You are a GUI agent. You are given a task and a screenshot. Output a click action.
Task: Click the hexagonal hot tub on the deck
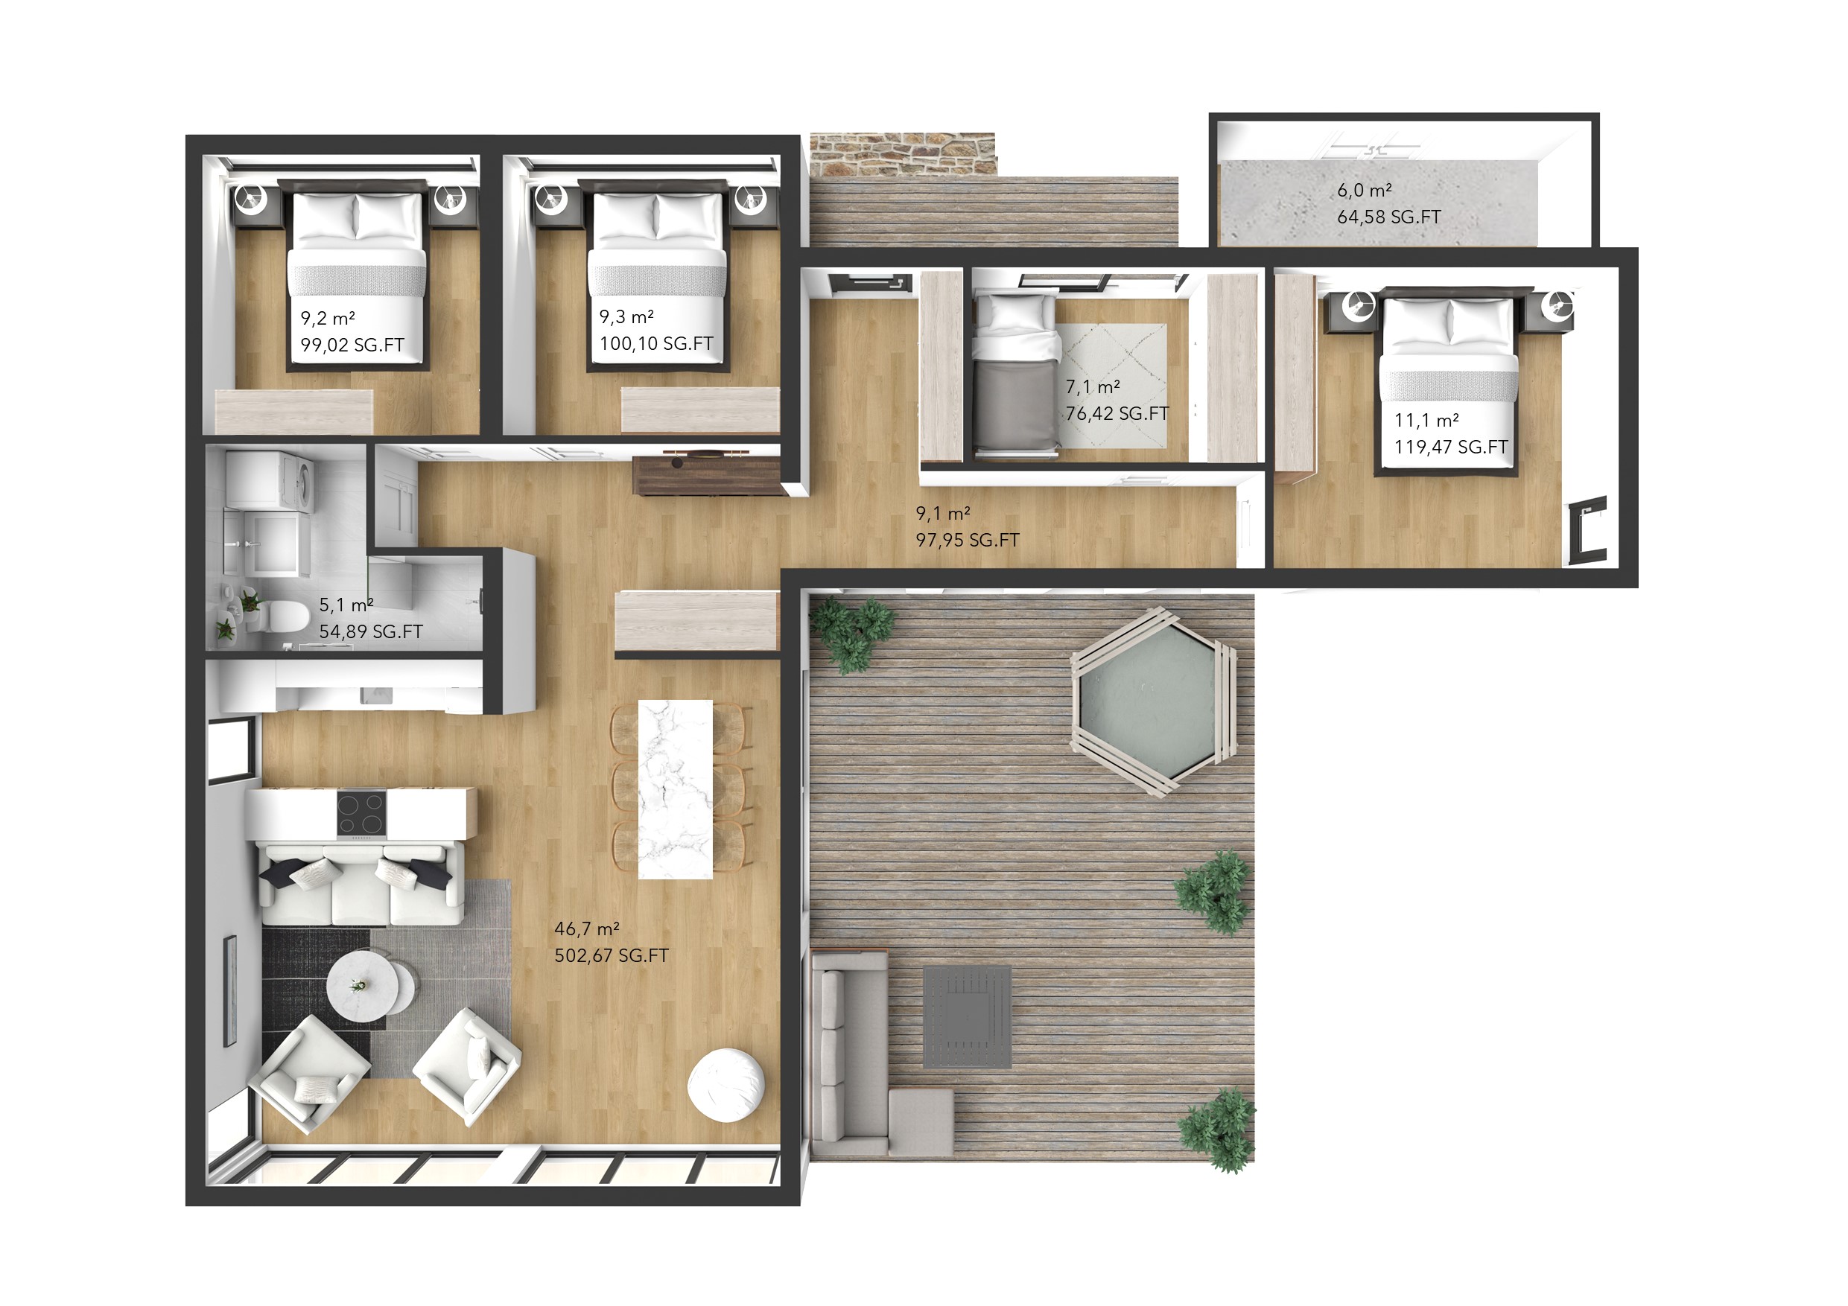coord(1153,701)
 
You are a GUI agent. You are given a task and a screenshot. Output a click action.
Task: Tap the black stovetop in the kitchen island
coord(361,814)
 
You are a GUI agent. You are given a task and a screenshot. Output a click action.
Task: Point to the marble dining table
coord(676,789)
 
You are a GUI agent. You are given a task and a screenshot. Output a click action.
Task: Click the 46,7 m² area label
coord(587,928)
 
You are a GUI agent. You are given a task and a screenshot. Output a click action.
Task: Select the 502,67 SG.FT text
coord(612,955)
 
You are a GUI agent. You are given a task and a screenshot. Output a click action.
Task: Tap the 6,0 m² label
coord(1365,190)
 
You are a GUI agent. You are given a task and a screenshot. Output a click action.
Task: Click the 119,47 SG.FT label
coord(1451,447)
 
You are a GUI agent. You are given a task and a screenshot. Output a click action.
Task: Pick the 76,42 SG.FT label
coord(1117,412)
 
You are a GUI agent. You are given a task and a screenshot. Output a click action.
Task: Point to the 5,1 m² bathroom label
coord(346,605)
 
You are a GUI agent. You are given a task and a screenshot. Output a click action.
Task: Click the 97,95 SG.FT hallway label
coord(968,540)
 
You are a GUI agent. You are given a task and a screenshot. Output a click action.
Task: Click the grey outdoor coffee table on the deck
coord(967,1017)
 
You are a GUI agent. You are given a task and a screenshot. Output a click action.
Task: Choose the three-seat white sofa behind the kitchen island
coord(360,884)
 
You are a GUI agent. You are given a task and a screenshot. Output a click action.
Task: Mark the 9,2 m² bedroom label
coord(328,318)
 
